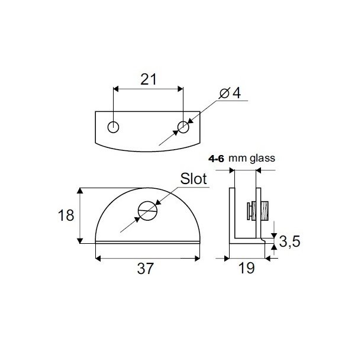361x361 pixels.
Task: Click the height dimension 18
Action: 67,215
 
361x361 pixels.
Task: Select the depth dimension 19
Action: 246,268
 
